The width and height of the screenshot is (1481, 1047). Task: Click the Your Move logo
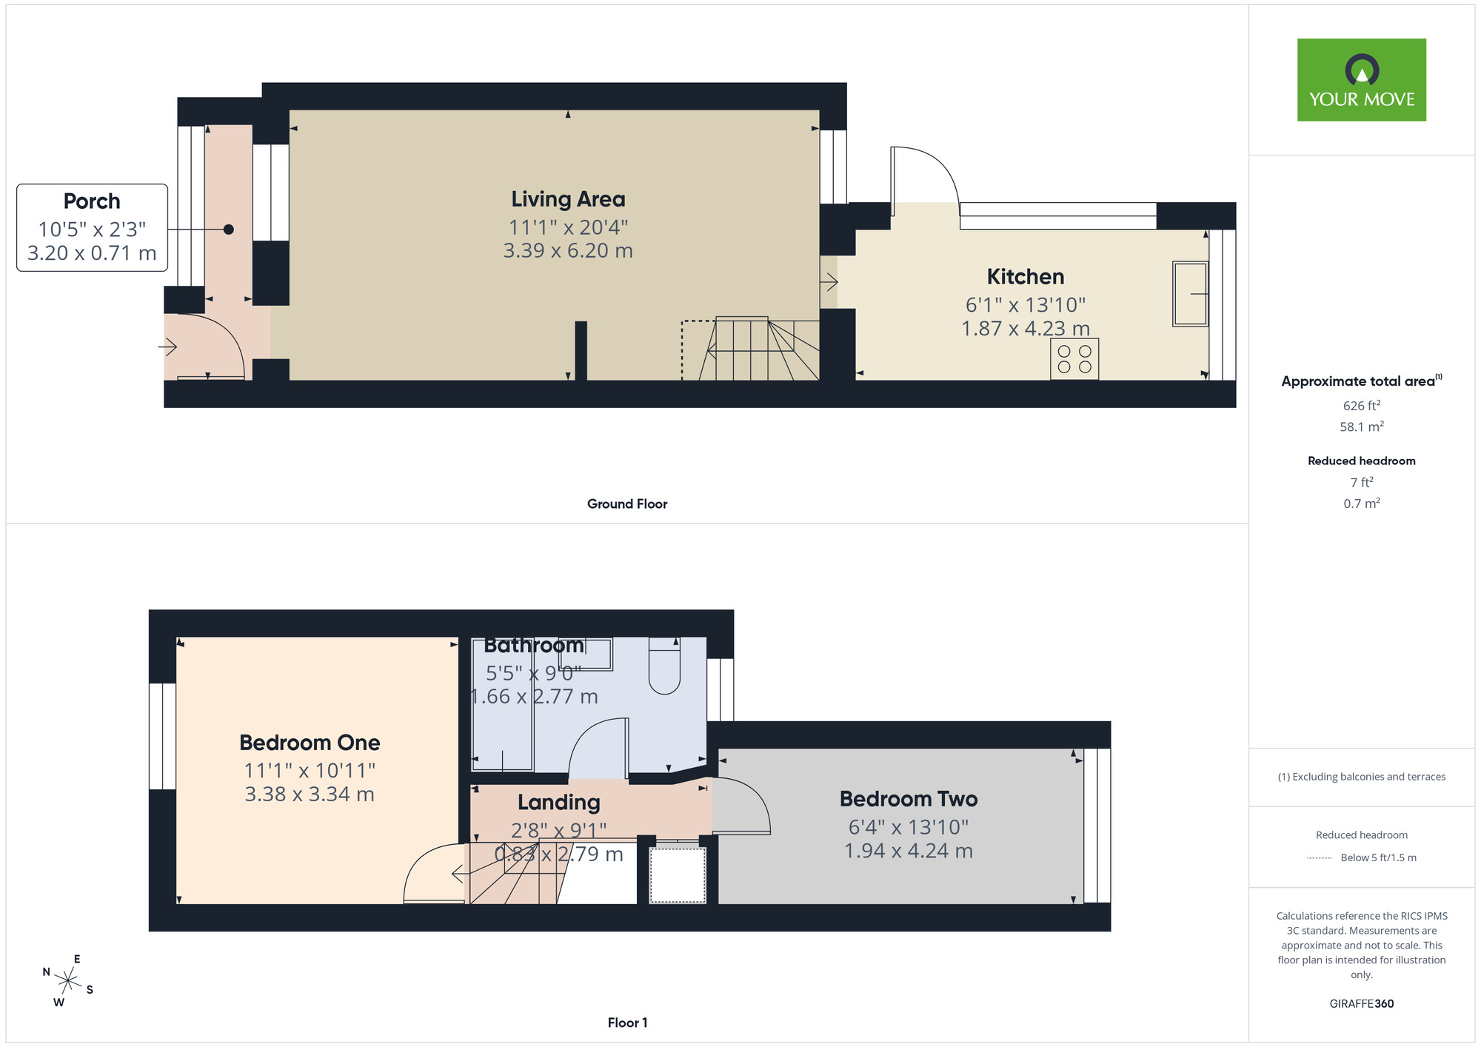coord(1361,80)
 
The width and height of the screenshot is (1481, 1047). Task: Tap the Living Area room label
coord(568,199)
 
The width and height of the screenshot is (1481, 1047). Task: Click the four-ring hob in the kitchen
coord(1074,359)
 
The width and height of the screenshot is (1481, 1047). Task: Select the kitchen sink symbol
coord(1190,294)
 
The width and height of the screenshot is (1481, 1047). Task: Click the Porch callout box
coord(93,227)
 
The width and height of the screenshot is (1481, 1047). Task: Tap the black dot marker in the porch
coord(229,230)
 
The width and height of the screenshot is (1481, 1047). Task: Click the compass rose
coord(67,982)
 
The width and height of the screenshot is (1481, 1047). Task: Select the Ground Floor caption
coord(627,504)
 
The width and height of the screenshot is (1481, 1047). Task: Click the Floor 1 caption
coord(627,1023)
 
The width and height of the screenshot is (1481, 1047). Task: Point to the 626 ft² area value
coord(1361,406)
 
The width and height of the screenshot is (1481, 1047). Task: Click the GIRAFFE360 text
coord(1361,1004)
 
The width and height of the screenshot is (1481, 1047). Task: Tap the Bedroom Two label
coord(909,799)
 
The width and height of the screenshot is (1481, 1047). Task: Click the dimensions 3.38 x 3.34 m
coord(310,795)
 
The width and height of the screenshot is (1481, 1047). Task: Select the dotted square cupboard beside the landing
coord(677,875)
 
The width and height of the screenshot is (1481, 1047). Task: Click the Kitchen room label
coord(1026,277)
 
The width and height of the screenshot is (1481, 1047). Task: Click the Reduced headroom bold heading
coord(1361,461)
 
